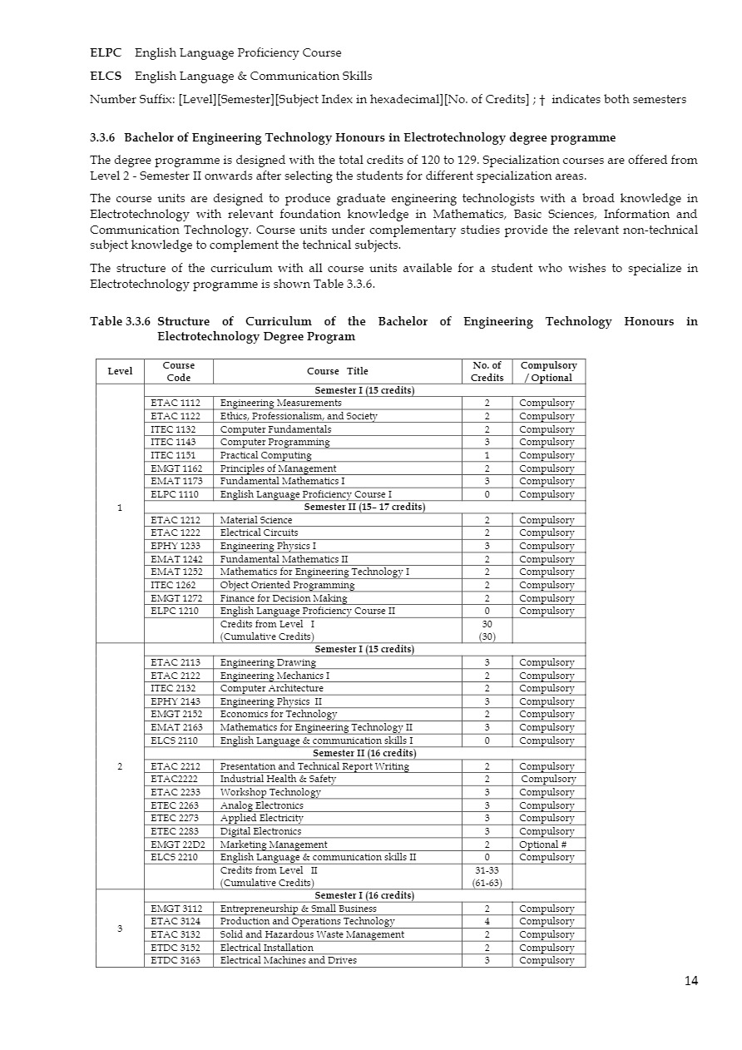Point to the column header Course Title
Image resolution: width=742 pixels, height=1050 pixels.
337,371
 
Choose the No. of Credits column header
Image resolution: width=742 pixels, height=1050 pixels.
487,371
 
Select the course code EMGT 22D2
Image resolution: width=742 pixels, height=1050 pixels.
177,844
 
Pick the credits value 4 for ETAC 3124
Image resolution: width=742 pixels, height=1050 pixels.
487,921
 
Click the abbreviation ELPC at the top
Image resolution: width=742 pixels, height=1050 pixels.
106,52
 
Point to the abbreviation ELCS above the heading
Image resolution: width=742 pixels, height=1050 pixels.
106,76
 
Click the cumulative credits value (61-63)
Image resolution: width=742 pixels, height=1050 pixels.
487,883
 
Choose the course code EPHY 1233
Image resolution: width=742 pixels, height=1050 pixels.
176,546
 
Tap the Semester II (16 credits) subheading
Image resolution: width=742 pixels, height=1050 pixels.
364,753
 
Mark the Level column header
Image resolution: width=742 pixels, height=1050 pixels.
120,371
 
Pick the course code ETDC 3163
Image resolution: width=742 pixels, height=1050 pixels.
176,960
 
